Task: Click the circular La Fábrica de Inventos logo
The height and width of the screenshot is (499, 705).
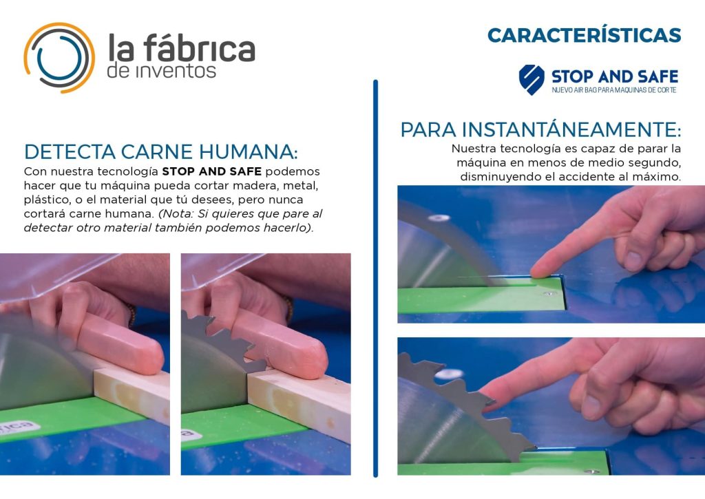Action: pyautogui.click(x=60, y=58)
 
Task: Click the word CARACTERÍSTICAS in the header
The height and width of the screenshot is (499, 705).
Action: pyautogui.click(x=584, y=34)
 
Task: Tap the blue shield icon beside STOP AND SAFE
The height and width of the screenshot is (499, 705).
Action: pyautogui.click(x=532, y=80)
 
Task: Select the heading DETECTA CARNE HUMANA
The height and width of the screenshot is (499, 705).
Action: pyautogui.click(x=160, y=151)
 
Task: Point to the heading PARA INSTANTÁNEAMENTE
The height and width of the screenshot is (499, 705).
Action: pyautogui.click(x=540, y=129)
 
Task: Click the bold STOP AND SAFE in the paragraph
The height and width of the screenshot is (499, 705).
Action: pyautogui.click(x=212, y=171)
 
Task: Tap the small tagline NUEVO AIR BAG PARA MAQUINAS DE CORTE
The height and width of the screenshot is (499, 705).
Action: pyautogui.click(x=613, y=90)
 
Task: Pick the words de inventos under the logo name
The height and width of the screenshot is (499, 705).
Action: pyautogui.click(x=161, y=71)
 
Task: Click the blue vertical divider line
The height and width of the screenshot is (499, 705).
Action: pyautogui.click(x=375, y=278)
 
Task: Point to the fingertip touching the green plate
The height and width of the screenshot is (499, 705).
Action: pyautogui.click(x=540, y=269)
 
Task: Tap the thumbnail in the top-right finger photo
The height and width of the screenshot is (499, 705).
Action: pyautogui.click(x=632, y=261)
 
